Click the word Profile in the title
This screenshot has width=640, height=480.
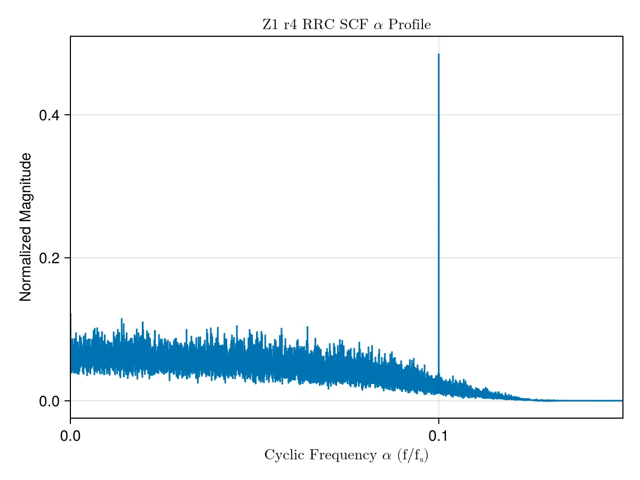[409, 25]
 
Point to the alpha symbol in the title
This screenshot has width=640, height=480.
[378, 26]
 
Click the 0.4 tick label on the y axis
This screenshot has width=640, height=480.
[49, 115]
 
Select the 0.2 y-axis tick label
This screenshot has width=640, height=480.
[49, 258]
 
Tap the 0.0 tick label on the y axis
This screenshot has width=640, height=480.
[49, 401]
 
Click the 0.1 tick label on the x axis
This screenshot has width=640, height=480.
[438, 436]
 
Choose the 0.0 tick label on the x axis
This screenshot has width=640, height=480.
[70, 436]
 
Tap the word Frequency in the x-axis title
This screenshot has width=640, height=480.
[343, 455]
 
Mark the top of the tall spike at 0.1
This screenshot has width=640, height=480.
[438, 54]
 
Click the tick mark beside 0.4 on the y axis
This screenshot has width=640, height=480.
[67, 115]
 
